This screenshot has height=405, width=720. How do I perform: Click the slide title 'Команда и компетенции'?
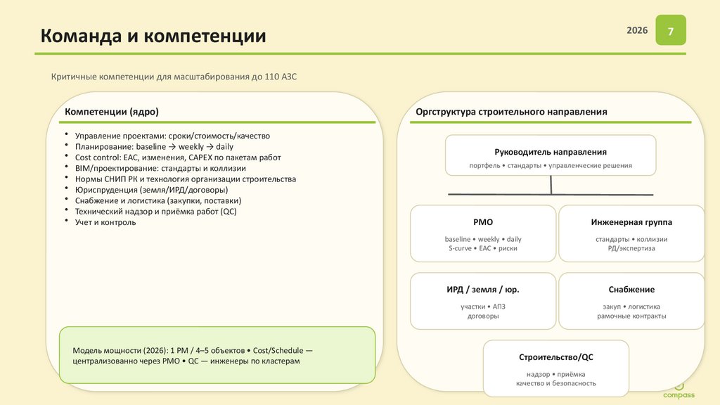(153, 36)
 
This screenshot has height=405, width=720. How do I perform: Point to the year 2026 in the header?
(637, 32)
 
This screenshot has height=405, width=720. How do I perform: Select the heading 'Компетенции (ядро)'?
(112, 112)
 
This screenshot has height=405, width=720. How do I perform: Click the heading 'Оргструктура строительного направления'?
(511, 112)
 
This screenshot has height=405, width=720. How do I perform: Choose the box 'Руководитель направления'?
(551, 155)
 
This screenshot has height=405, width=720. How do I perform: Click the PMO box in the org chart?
(483, 233)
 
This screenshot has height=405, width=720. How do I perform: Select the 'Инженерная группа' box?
(631, 233)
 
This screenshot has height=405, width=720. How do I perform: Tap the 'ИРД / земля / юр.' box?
(483, 301)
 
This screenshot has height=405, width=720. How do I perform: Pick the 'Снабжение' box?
(631, 301)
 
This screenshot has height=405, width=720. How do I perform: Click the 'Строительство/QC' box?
(555, 368)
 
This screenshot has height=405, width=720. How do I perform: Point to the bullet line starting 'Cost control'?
(172, 157)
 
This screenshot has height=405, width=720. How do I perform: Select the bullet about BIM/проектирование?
(160, 168)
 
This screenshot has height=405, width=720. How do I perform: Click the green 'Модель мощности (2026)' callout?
(217, 355)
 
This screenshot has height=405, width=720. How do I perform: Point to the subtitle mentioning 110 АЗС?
(174, 77)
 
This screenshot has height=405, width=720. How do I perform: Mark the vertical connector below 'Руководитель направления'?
(551, 184)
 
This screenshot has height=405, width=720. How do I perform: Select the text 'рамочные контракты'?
(631, 316)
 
